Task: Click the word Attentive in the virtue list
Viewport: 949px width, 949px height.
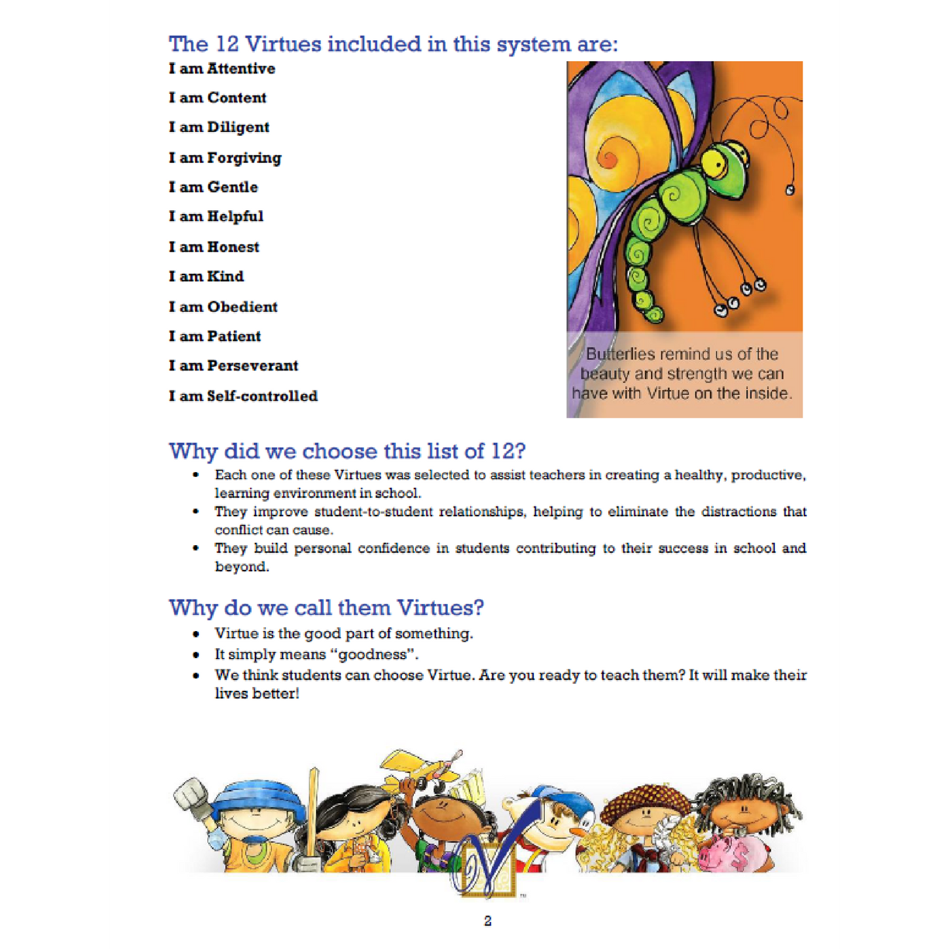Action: [240, 68]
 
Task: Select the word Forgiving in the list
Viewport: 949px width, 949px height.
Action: [244, 158]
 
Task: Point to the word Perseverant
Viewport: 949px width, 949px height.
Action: [252, 366]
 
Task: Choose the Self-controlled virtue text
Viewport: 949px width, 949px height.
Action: [262, 396]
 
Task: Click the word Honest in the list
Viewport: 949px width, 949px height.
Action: [233, 247]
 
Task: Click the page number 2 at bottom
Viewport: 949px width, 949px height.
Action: [487, 921]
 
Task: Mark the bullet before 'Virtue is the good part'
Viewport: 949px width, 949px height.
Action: [196, 634]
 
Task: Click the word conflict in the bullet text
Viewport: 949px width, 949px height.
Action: [237, 530]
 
